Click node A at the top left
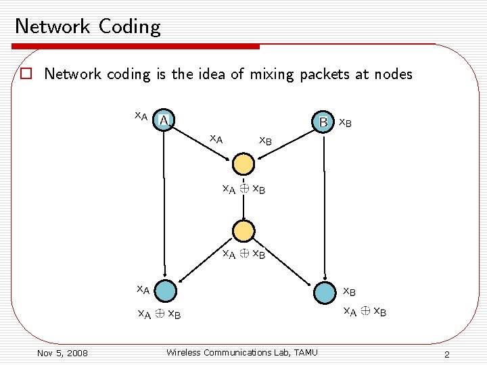pyautogui.click(x=163, y=120)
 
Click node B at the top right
pyautogui.click(x=324, y=122)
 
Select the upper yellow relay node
pyautogui.click(x=243, y=164)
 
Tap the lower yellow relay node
pyautogui.click(x=243, y=230)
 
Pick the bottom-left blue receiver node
pyautogui.click(x=164, y=291)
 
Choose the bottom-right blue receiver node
pyautogui.click(x=325, y=292)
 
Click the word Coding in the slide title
pyautogui.click(x=129, y=26)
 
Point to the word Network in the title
pyautogui.click(x=53, y=26)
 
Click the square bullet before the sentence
pyautogui.click(x=26, y=74)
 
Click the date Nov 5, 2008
pyautogui.click(x=62, y=353)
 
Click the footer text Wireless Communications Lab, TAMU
pyautogui.click(x=241, y=351)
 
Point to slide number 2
pyautogui.click(x=447, y=355)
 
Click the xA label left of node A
pyautogui.click(x=141, y=116)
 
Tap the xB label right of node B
pyautogui.click(x=344, y=123)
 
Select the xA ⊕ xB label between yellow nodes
pyautogui.click(x=244, y=189)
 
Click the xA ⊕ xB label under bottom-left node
pyautogui.click(x=159, y=314)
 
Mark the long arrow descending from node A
pyautogui.click(x=163, y=203)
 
